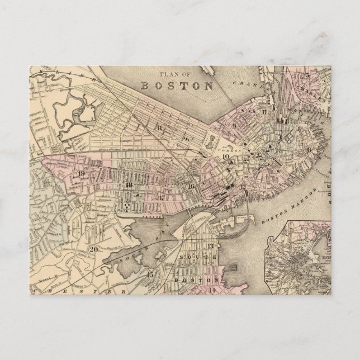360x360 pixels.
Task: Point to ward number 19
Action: (82, 173)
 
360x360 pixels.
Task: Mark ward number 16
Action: (191, 186)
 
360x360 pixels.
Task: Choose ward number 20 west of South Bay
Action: (94, 249)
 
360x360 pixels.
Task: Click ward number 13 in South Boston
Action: (210, 246)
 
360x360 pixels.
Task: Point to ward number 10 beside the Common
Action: (225, 157)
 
